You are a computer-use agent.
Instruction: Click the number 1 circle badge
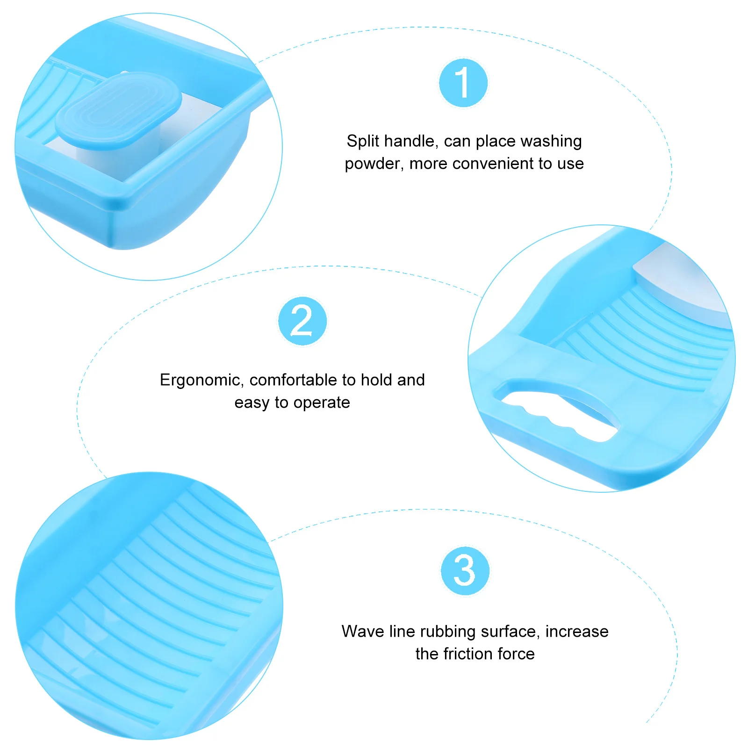(x=463, y=83)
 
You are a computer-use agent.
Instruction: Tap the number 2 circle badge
(x=302, y=321)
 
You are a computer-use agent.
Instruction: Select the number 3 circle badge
(x=465, y=570)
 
